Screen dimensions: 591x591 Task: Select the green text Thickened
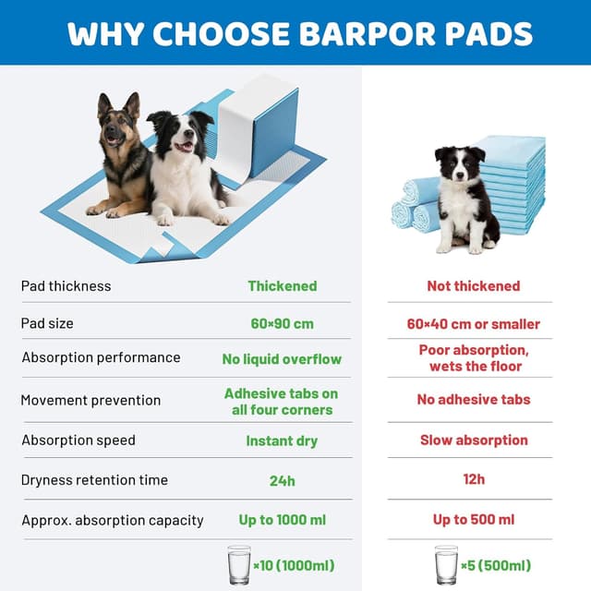pyautogui.click(x=283, y=286)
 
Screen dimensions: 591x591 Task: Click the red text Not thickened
pyautogui.click(x=474, y=286)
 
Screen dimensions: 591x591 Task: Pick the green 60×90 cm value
pyautogui.click(x=282, y=324)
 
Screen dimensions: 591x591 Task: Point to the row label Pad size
pyautogui.click(x=47, y=324)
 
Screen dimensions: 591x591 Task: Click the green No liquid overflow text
pyautogui.click(x=282, y=359)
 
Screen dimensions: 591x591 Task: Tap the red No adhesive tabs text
pyautogui.click(x=474, y=400)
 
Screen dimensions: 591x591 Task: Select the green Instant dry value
pyautogui.click(x=282, y=440)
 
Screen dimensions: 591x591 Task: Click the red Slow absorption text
pyautogui.click(x=474, y=440)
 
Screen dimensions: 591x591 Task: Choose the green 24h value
pyautogui.click(x=282, y=480)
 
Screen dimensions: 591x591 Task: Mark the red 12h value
pyautogui.click(x=474, y=479)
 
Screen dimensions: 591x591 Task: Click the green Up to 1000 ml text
pyautogui.click(x=282, y=520)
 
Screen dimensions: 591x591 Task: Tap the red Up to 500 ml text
pyautogui.click(x=474, y=520)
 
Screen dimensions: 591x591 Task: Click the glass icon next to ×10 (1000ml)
pyautogui.click(x=239, y=563)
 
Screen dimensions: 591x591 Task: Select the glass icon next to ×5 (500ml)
pyautogui.click(x=446, y=563)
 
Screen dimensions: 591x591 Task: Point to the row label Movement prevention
pyautogui.click(x=90, y=401)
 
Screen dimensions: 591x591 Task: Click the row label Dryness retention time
pyautogui.click(x=95, y=480)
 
